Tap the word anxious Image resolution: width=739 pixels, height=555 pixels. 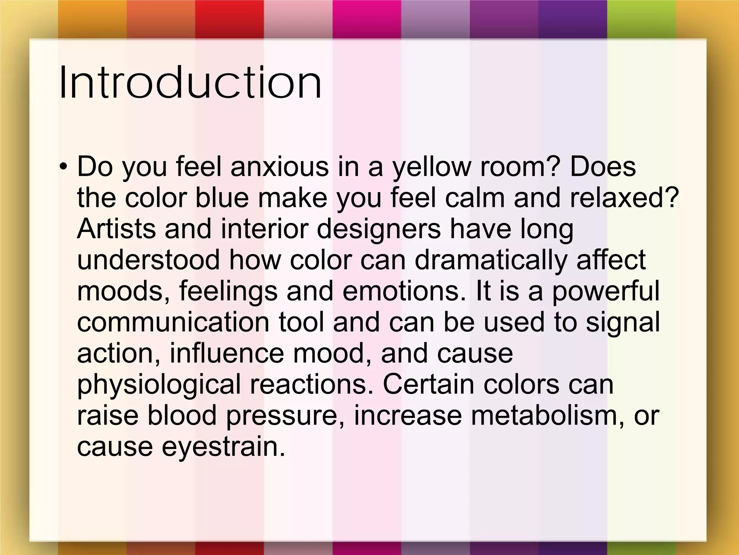(279, 167)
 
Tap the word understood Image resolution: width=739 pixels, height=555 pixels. (148, 260)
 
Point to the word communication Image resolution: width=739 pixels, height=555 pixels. (173, 322)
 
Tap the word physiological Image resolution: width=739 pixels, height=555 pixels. (158, 385)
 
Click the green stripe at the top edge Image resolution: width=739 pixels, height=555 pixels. (641, 18)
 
